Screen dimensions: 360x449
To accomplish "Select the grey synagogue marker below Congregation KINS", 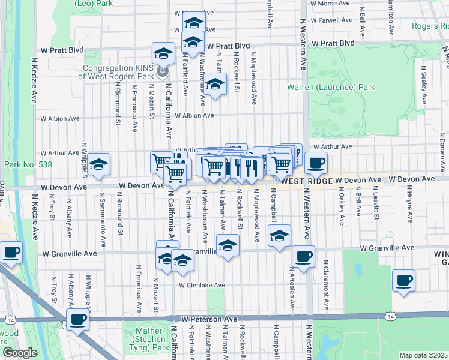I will [161, 73].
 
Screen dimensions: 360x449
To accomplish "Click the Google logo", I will [20, 353].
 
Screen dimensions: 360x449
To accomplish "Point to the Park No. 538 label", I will [28, 164].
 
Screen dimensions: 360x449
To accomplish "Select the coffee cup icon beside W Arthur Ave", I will [316, 162].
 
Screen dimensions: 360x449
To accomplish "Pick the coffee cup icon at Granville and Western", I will [303, 256].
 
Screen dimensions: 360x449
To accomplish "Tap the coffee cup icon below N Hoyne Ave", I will [403, 280].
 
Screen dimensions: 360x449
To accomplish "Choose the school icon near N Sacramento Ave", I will [98, 164].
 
